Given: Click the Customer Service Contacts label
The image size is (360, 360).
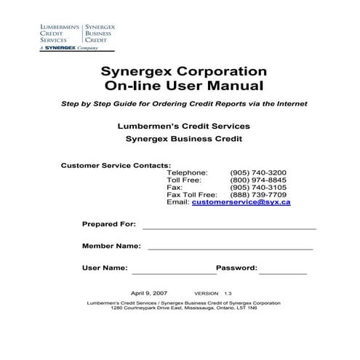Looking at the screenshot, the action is click(x=116, y=165).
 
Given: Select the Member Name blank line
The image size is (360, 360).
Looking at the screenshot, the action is click(x=231, y=248).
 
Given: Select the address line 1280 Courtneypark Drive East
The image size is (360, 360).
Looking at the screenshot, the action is click(x=180, y=308).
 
